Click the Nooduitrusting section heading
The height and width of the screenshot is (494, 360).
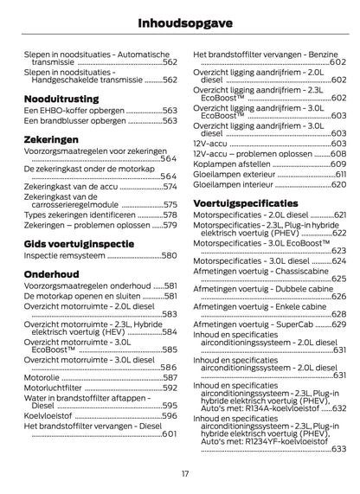[61, 98]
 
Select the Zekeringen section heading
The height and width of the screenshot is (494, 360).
[53, 138]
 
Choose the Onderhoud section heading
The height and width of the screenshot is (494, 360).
[53, 271]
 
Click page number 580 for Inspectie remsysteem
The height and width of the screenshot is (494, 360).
[169, 256]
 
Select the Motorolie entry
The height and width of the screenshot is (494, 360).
[43, 377]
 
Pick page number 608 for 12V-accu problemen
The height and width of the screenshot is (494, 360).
[326, 153]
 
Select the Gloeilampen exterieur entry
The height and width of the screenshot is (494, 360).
[235, 174]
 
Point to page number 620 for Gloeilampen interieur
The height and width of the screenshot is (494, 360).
[326, 184]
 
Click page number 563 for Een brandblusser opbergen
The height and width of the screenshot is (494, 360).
[169, 122]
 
